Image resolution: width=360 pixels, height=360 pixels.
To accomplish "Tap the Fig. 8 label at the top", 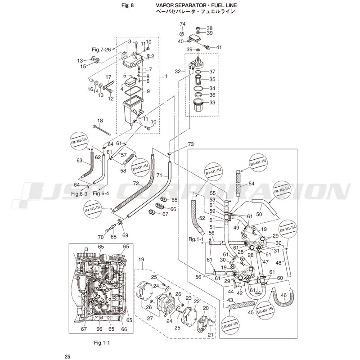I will tap(128, 5).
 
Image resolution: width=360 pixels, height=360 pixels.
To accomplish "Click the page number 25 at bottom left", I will tap(67, 357).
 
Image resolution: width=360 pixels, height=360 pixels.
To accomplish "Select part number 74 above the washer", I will tap(182, 24).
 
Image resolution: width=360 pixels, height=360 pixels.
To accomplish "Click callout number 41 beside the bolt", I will tap(219, 47).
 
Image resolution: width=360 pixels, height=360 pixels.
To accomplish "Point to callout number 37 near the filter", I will tap(212, 72).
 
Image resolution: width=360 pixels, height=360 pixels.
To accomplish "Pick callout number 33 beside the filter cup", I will tap(212, 103).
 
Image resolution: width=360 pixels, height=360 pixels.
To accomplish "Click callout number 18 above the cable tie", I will tap(100, 121).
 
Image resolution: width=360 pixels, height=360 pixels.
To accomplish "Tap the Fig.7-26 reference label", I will tap(101, 49).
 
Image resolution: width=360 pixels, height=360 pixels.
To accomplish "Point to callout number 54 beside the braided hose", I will tap(251, 184).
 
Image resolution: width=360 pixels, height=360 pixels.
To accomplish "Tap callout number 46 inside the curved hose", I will tap(283, 296).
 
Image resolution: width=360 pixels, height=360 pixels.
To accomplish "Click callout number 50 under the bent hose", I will tap(259, 214).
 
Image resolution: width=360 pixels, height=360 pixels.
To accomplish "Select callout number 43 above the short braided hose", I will tap(230, 300).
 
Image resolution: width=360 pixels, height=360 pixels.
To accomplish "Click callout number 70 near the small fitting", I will tap(101, 237).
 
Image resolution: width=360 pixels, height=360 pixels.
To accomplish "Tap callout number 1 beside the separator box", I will tap(166, 76).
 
